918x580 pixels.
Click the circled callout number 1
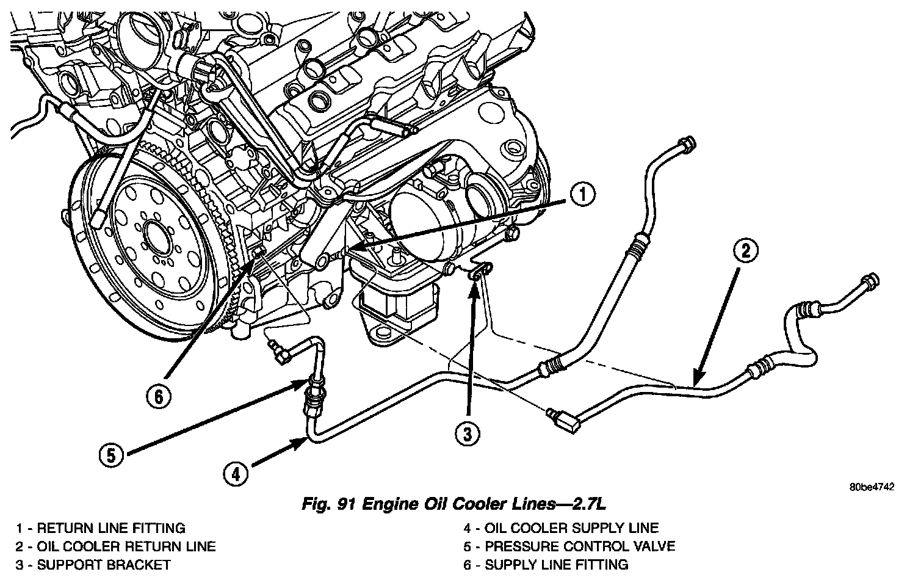tap(583, 195)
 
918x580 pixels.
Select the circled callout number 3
tap(467, 434)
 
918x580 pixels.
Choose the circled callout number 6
tap(159, 397)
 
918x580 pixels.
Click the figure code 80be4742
tap(871, 487)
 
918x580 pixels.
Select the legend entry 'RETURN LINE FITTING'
tap(111, 528)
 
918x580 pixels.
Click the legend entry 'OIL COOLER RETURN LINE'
tap(126, 546)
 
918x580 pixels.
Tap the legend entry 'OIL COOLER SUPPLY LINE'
tap(571, 528)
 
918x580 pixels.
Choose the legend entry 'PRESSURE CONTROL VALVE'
tap(580, 546)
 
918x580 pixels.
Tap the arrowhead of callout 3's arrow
tap(474, 279)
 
